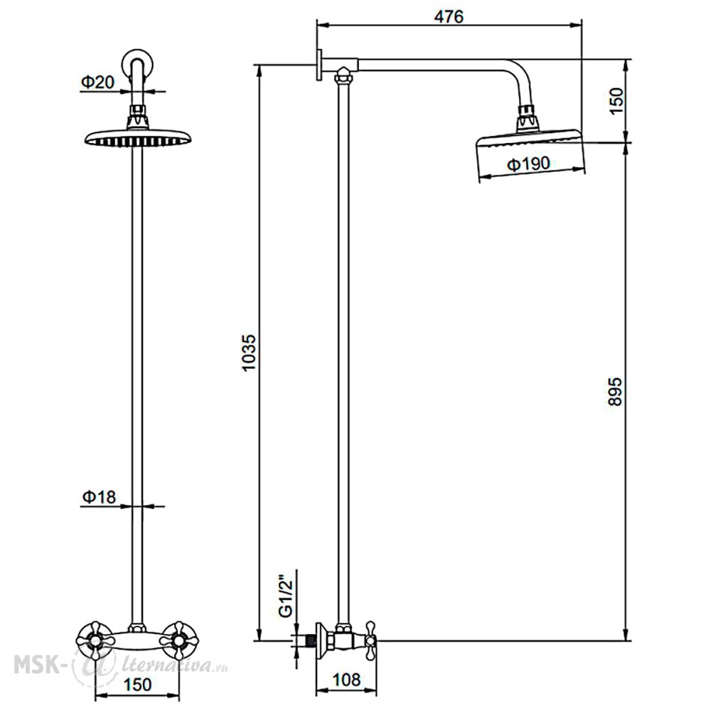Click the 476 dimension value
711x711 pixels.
click(x=449, y=17)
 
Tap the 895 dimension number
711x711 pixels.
click(x=614, y=391)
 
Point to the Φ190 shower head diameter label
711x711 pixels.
click(x=528, y=164)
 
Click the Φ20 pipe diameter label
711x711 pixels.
click(x=98, y=82)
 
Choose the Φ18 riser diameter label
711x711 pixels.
click(x=99, y=497)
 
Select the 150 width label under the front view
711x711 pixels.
click(x=137, y=684)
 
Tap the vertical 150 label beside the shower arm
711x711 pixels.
click(x=616, y=101)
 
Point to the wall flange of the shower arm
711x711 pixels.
click(x=319, y=65)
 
